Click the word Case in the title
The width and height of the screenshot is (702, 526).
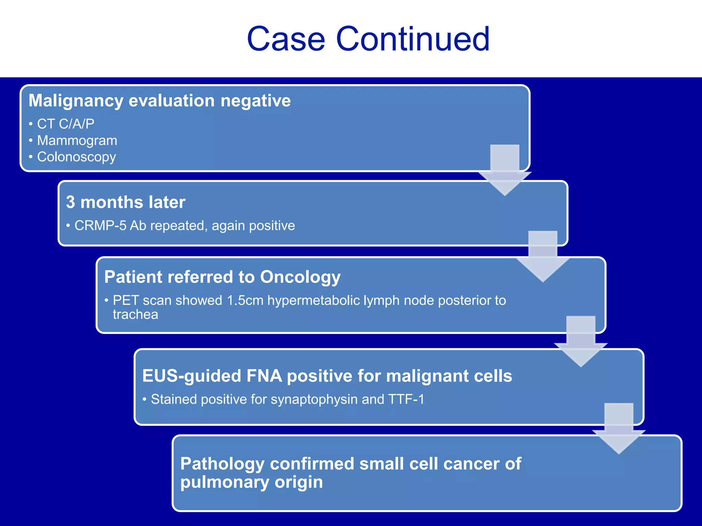click(286, 39)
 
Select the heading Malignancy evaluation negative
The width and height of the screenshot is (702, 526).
click(159, 101)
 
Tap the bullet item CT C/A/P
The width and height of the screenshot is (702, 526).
click(65, 124)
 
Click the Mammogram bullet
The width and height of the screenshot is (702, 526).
click(77, 140)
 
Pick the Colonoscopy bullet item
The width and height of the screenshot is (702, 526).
click(76, 157)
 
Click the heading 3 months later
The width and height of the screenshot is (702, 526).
click(125, 202)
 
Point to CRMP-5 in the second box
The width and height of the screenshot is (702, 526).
click(100, 226)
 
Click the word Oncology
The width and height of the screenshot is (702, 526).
click(300, 277)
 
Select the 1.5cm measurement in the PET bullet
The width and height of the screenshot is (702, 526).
click(245, 300)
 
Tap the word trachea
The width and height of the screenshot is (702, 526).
click(135, 314)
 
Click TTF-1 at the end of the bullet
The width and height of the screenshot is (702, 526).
click(406, 399)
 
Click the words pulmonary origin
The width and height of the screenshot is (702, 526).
click(252, 482)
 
